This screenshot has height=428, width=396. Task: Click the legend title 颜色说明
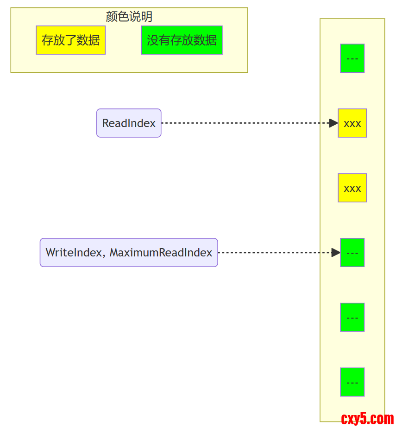(129, 17)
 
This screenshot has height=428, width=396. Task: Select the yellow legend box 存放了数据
(71, 40)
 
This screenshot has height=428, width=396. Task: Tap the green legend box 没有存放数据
(182, 40)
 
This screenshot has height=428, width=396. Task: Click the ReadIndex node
(129, 123)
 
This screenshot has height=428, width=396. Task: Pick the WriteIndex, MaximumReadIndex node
(129, 253)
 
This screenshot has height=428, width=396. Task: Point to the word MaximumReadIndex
(161, 253)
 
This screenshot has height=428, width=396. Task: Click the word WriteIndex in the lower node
(74, 253)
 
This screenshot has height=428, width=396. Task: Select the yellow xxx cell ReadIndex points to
(352, 123)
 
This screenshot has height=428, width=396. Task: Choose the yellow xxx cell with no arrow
(352, 188)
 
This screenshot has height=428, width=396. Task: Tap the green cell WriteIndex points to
(352, 253)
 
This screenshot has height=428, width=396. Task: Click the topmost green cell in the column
(352, 58)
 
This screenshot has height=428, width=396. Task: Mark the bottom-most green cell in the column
(352, 382)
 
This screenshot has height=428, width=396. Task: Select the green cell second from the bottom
(352, 317)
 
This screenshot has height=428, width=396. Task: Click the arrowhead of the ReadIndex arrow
(333, 123)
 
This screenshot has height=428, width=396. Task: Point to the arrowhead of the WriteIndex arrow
(336, 253)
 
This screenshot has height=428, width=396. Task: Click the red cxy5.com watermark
(367, 419)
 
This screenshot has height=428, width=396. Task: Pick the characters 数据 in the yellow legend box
(88, 40)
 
